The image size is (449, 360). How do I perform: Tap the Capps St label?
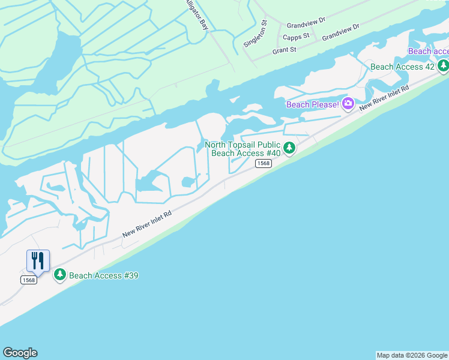296,37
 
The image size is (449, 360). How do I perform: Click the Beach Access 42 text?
402,67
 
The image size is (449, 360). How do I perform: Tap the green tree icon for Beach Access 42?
443,65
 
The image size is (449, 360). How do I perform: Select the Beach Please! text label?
313,104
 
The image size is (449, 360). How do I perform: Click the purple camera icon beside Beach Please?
348,104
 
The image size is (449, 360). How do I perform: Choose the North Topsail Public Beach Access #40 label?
243,149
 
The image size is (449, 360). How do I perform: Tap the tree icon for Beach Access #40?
289,148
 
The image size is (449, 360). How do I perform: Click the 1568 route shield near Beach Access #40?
262,164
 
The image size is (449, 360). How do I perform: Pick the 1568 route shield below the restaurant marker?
28,280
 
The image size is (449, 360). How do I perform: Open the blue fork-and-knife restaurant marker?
38,260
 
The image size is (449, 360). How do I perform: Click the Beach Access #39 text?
104,275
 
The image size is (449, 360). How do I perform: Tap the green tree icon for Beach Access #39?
59,275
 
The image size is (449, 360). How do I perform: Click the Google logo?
20,353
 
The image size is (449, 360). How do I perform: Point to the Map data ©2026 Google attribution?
412,355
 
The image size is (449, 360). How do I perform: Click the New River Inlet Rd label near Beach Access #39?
147,223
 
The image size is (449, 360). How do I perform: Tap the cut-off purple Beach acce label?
428,51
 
